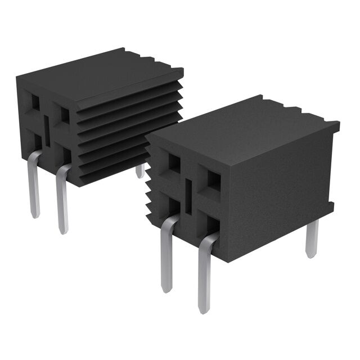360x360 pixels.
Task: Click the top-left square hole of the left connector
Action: tap(35, 102)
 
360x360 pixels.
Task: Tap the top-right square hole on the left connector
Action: tap(65, 115)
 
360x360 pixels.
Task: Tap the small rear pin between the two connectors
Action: tap(140, 170)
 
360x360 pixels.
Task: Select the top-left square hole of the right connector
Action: tap(174, 163)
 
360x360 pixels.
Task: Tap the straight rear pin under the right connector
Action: tap(312, 239)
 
